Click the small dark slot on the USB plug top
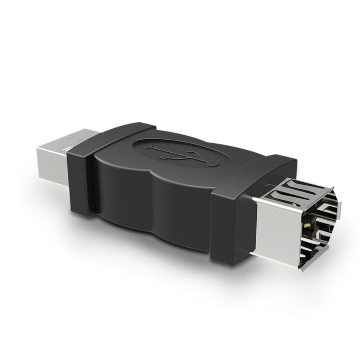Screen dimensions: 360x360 coord(67,148)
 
